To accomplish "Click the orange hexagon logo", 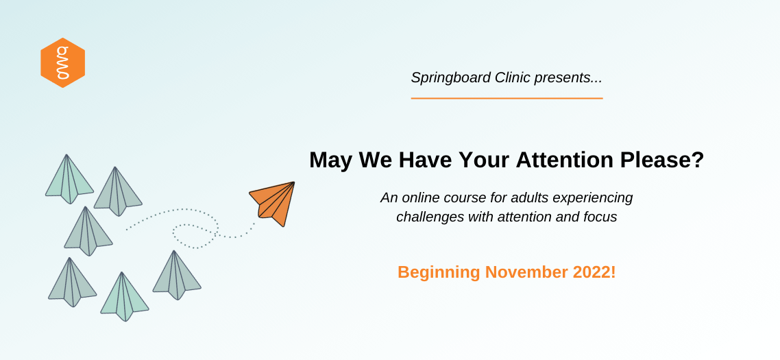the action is (x=62, y=62).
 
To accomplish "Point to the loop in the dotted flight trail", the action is (x=195, y=235).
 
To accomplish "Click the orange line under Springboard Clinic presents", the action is (x=507, y=99).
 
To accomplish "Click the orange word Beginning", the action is (x=439, y=273).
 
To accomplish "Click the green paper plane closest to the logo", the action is (x=69, y=180).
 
